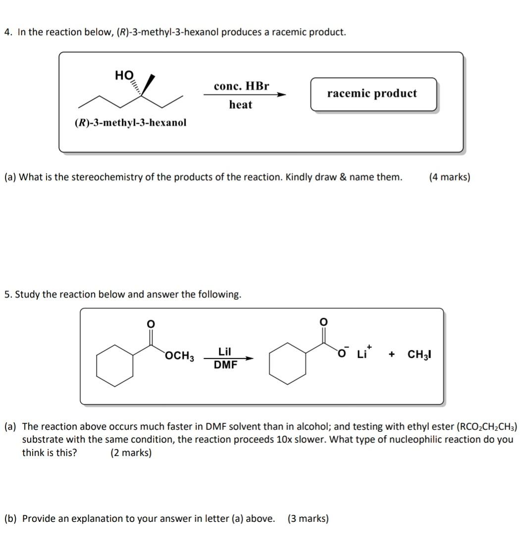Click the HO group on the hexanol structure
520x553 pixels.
124,75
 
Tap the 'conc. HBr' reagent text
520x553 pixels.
241,86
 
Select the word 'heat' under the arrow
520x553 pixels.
241,105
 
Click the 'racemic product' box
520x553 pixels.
373,94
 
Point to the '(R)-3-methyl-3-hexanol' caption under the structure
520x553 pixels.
131,122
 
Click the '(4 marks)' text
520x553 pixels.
450,177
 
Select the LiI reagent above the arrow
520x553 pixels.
225,352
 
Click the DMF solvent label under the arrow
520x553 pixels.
225,365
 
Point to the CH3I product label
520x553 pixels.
419,355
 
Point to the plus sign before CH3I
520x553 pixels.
392,355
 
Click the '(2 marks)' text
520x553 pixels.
131,453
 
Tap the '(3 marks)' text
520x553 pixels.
308,518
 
